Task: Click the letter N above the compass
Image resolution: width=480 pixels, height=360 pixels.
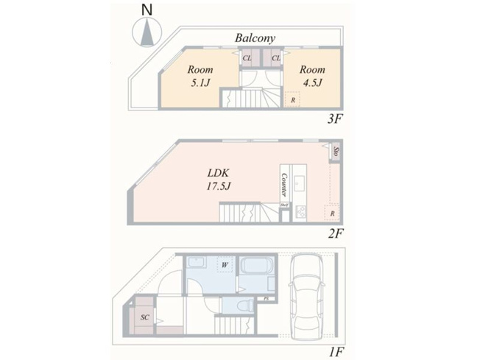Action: click(x=147, y=11)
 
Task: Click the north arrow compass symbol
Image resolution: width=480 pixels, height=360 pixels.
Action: click(x=147, y=33)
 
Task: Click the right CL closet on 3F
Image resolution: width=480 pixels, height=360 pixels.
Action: click(x=275, y=58)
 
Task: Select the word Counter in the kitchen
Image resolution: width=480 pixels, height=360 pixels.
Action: click(x=283, y=184)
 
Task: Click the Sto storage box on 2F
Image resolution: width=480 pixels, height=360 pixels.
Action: click(x=336, y=152)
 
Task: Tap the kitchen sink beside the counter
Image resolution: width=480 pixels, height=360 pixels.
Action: click(x=300, y=183)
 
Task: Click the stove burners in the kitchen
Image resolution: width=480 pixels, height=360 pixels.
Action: click(x=300, y=212)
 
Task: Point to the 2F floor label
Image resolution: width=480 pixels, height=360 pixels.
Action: click(x=336, y=234)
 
